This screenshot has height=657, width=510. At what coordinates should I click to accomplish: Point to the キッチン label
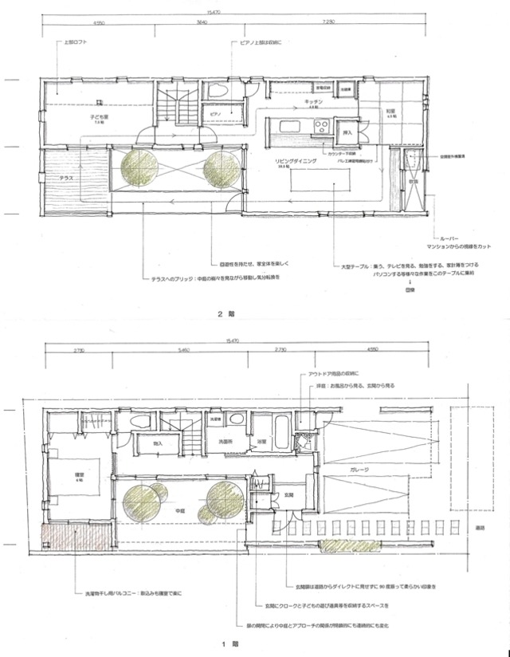point(313,104)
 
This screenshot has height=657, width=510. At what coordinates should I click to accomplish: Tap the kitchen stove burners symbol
point(324,126)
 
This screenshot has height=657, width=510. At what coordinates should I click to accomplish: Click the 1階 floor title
point(226,641)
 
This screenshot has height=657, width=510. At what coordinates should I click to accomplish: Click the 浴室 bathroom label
point(261,440)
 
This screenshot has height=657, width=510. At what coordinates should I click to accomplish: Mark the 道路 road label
point(496,527)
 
